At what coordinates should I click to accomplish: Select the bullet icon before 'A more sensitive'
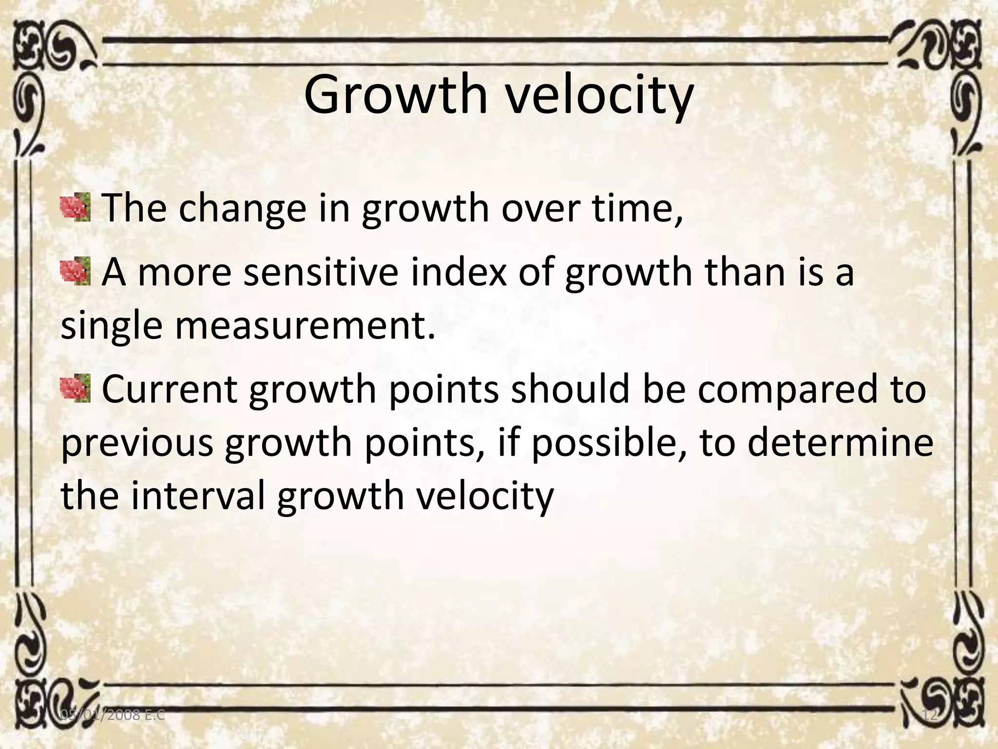76,272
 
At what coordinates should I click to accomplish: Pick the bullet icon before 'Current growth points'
76,389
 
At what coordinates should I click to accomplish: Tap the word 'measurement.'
305,326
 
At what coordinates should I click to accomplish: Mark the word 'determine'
840,442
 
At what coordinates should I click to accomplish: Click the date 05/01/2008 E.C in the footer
113,715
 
